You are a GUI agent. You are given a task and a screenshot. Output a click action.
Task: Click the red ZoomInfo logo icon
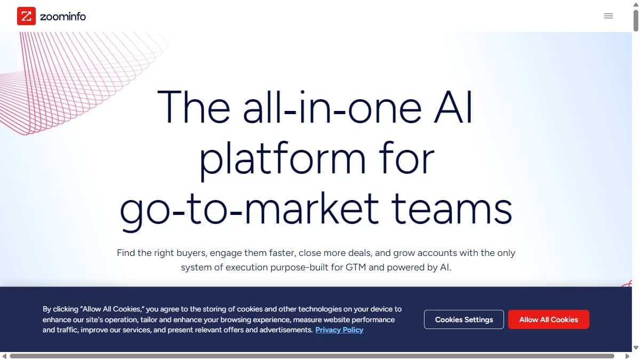point(26,16)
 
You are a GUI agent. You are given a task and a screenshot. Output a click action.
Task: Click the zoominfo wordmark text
point(63,17)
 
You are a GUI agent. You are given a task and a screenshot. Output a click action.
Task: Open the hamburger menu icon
point(608,16)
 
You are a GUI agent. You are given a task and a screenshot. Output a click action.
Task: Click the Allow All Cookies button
point(548,319)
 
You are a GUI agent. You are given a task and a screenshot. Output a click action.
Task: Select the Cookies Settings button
point(463,319)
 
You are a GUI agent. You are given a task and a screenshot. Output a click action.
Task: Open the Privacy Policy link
point(339,330)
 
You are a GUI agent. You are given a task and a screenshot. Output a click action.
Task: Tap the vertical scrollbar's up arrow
point(635,4)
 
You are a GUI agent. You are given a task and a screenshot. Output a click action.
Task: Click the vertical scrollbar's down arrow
point(635,348)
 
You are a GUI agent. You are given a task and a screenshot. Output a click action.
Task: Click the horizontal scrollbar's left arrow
point(4,356)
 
